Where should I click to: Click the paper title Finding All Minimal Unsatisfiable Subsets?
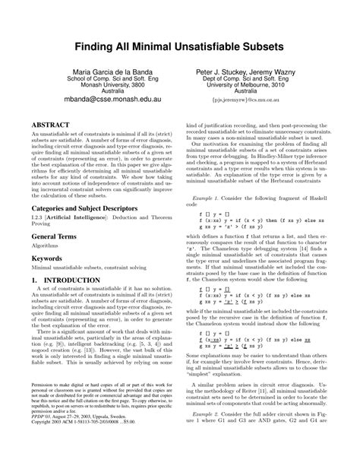180,47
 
